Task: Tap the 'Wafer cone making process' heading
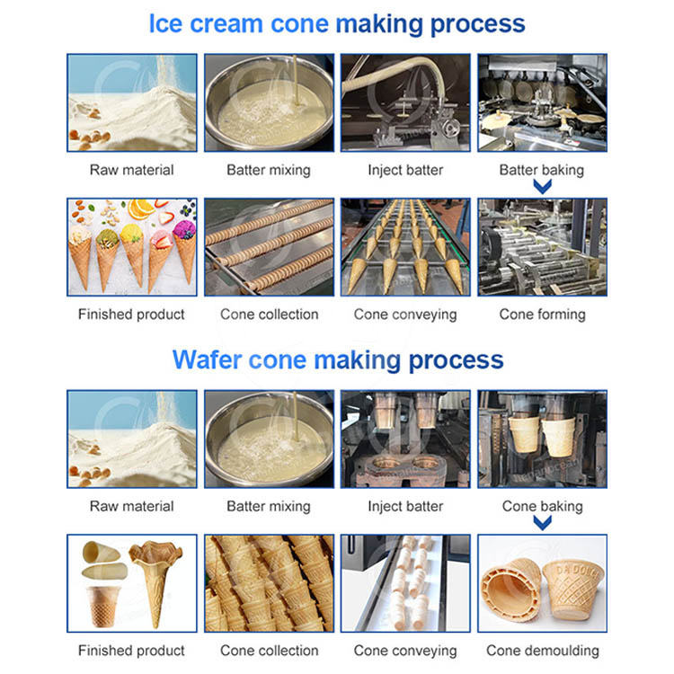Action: click(337, 359)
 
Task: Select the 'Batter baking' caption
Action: click(542, 169)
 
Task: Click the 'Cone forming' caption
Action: click(542, 314)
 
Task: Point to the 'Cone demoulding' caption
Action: click(542, 650)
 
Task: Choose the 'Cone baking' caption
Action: click(542, 506)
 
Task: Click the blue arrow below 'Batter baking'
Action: click(542, 186)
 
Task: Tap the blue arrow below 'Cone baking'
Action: click(542, 523)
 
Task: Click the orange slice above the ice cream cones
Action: click(141, 208)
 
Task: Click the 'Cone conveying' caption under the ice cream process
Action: click(405, 314)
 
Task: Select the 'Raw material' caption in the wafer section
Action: click(131, 506)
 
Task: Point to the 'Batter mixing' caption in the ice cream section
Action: click(269, 169)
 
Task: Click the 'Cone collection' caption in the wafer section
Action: click(269, 650)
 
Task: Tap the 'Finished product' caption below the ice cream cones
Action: click(131, 314)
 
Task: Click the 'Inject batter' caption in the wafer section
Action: click(405, 506)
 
